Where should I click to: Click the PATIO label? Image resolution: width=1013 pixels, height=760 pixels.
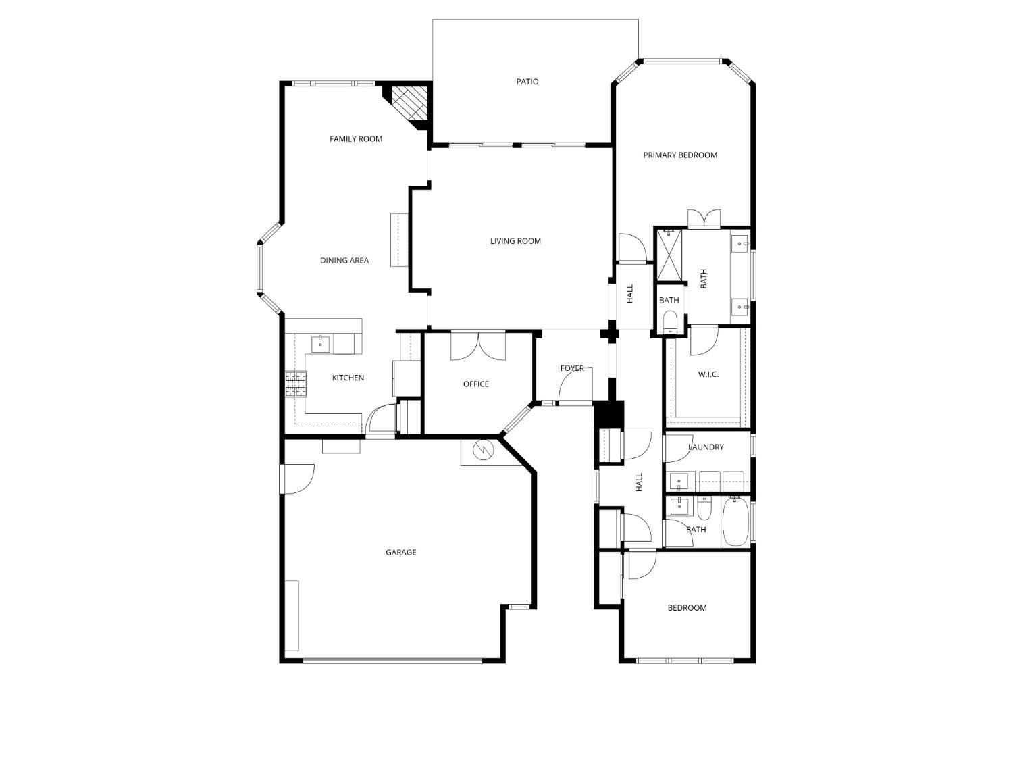527,82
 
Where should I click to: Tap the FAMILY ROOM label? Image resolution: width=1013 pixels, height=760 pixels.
356,139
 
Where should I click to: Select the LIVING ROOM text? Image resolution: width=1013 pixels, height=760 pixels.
515,241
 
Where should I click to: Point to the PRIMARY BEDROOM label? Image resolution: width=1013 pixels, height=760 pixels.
680,155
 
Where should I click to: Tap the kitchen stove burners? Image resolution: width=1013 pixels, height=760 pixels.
295,384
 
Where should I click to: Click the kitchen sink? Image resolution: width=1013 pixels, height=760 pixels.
321,345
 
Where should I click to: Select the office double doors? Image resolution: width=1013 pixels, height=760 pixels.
478,346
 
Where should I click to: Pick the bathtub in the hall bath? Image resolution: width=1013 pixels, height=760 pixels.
735,522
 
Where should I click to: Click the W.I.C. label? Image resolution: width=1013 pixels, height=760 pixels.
708,374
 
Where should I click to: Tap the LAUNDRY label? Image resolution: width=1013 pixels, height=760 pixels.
706,447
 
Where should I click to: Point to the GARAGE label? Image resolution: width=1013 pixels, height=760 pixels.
400,552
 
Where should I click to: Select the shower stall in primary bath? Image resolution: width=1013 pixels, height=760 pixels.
669,255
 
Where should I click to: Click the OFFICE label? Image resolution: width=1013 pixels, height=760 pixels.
476,384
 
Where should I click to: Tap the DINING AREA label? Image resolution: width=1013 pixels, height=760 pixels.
344,261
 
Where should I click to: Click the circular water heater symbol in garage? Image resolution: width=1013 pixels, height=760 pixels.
483,449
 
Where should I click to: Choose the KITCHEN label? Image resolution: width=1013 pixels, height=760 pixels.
348,378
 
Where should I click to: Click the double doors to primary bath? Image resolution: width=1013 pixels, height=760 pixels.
704,218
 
